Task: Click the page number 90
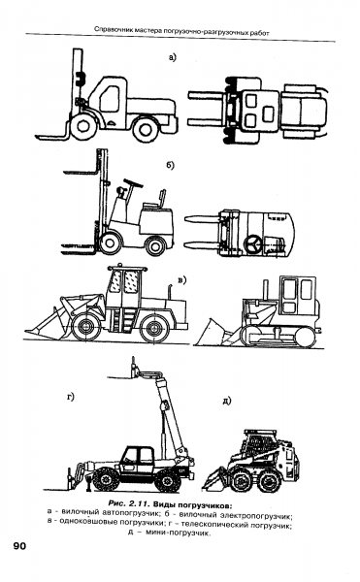click(x=19, y=545)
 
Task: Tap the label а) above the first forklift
click(x=172, y=57)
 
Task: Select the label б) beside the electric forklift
click(x=170, y=165)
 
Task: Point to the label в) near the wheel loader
click(x=181, y=280)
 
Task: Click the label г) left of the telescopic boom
click(x=71, y=397)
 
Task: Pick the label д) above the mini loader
click(x=227, y=401)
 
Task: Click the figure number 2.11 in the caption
click(x=139, y=504)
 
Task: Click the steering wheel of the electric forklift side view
click(x=133, y=183)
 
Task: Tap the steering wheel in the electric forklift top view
click(x=253, y=243)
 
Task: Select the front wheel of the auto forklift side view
click(x=84, y=126)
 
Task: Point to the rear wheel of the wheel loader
click(x=154, y=328)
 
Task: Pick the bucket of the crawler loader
click(x=213, y=333)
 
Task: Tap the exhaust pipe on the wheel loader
click(x=171, y=291)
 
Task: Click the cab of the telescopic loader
click(x=138, y=460)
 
